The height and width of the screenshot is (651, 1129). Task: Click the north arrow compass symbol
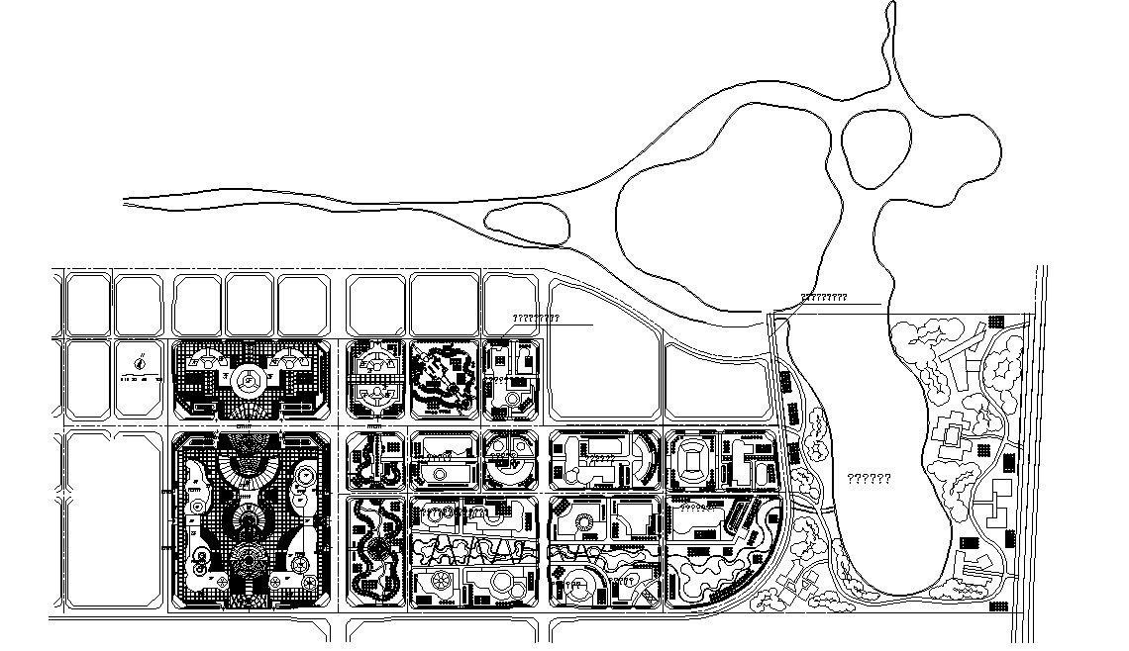pos(144,361)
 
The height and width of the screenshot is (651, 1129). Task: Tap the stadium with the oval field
pos(689,460)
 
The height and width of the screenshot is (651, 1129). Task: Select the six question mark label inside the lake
pos(869,479)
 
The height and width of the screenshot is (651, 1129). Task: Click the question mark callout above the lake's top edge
pos(823,297)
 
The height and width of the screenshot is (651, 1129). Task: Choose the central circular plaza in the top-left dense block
pos(249,377)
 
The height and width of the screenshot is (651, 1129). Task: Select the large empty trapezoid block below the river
pos(604,350)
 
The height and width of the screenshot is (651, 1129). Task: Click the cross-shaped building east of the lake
pos(949,434)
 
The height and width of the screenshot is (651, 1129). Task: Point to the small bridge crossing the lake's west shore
pos(814,505)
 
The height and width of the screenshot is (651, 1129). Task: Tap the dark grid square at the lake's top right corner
pos(993,323)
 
